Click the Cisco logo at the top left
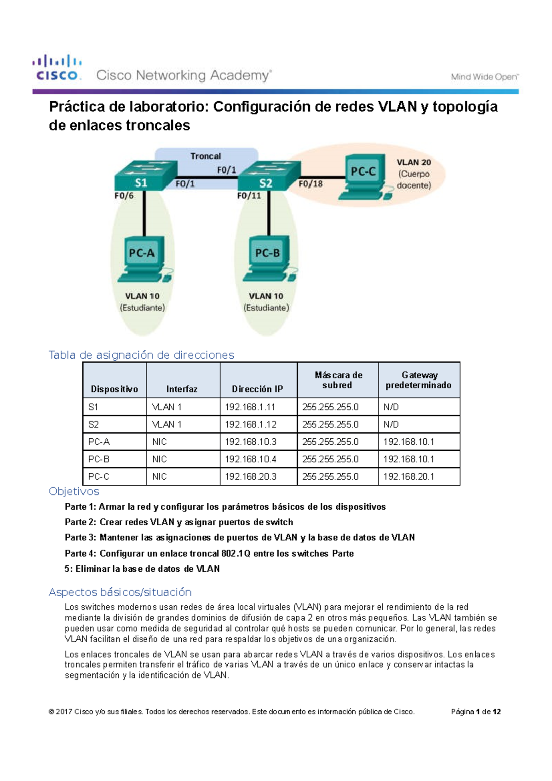57,68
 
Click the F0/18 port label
310,184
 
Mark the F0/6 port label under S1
124,195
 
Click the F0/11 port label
249,195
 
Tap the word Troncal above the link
206,156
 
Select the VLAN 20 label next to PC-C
414,162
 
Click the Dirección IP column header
257,389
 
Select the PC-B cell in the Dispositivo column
98,459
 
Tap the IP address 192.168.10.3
250,442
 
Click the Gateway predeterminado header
419,380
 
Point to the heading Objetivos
74,492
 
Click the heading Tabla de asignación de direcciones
141,355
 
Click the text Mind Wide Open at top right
484,77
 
